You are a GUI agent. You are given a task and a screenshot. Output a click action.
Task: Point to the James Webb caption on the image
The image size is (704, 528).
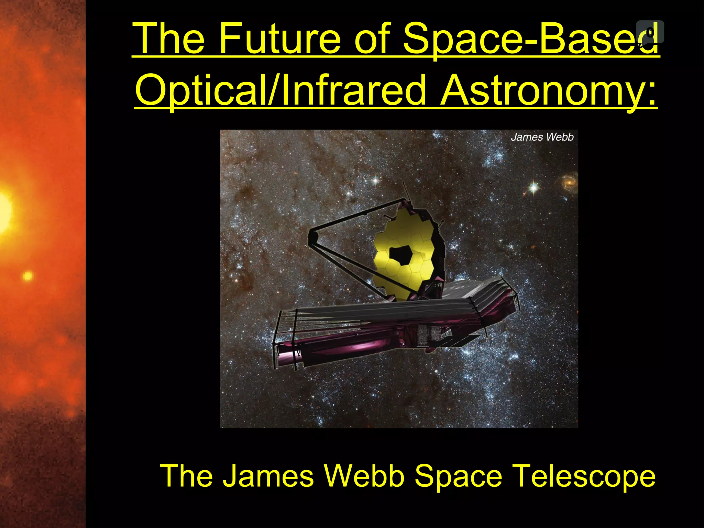click(x=542, y=137)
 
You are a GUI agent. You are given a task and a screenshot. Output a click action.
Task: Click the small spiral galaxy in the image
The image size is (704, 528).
click(x=569, y=180)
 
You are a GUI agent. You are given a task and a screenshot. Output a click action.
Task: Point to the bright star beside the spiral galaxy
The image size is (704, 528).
click(x=533, y=188)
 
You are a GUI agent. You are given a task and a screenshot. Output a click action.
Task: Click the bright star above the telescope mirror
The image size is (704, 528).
click(x=375, y=180)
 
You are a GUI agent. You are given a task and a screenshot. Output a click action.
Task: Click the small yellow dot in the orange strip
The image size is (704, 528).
click(x=27, y=276)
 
